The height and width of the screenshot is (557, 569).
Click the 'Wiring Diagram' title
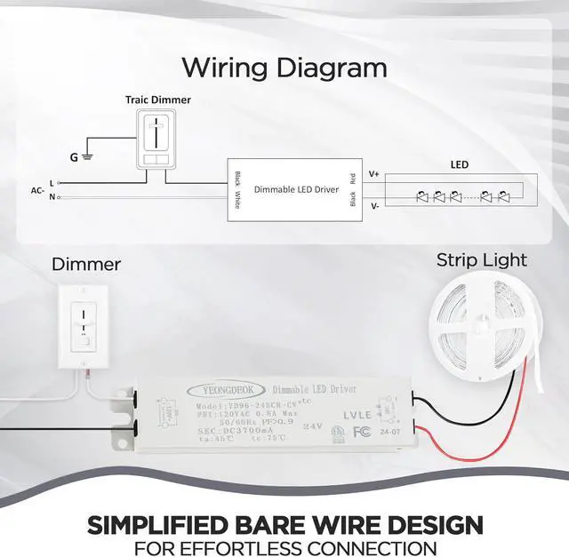(284, 68)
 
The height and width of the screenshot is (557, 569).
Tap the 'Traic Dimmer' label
(157, 100)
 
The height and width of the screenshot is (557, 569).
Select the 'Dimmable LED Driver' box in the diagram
(295, 189)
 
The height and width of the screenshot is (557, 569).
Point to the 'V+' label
(373, 174)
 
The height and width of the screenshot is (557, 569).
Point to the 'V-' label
(373, 205)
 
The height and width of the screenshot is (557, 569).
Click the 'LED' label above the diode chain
(460, 165)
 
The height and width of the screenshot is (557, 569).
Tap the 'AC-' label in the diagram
(38, 189)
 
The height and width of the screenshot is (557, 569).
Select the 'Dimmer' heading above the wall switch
(86, 264)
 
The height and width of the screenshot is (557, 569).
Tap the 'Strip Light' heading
(481, 260)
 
